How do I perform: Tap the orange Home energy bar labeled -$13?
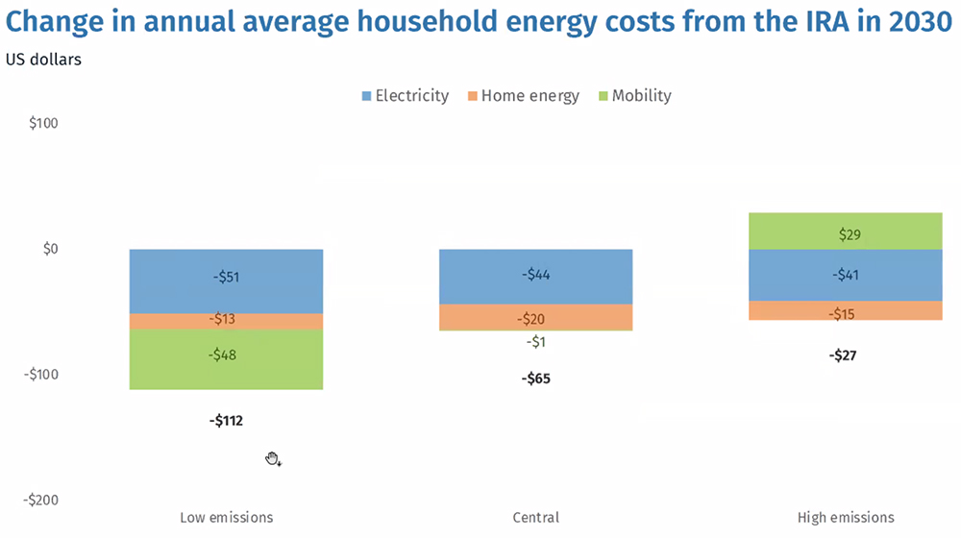click(x=226, y=321)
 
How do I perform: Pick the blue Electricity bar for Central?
click(x=536, y=276)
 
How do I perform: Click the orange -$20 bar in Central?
click(x=536, y=317)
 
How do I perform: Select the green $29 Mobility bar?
click(x=846, y=232)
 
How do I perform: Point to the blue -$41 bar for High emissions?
click(x=846, y=275)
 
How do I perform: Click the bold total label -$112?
click(x=226, y=420)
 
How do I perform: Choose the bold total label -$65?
click(x=536, y=379)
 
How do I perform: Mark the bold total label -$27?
click(x=843, y=355)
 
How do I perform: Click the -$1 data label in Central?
click(x=536, y=342)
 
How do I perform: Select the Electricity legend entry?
click(x=405, y=96)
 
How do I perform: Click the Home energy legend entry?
click(x=523, y=96)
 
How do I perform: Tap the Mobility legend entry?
click(x=634, y=96)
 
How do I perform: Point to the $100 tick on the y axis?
click(x=44, y=124)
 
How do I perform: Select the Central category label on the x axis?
click(x=536, y=517)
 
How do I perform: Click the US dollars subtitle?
click(x=43, y=61)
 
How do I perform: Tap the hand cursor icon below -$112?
click(x=273, y=459)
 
